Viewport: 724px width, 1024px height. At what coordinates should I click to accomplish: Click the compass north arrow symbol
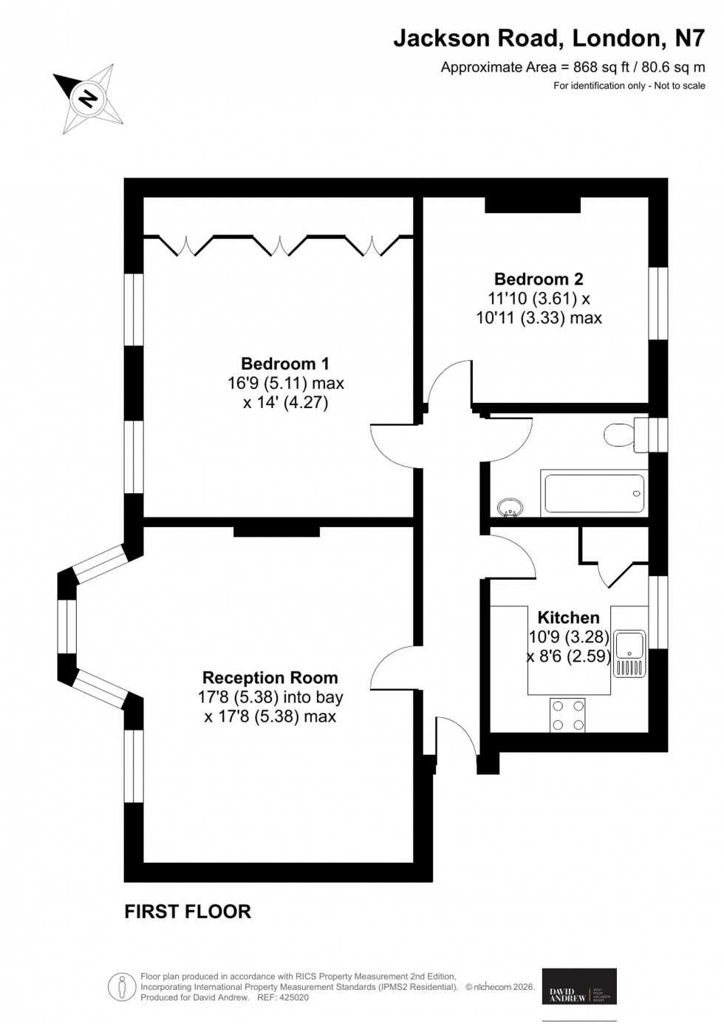(x=87, y=98)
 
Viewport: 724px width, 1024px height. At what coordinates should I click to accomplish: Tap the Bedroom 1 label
(x=285, y=364)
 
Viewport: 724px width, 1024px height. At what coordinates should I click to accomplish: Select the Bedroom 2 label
(x=539, y=279)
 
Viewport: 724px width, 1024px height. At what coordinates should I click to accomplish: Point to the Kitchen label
(x=568, y=617)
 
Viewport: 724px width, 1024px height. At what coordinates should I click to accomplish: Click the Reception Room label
(x=270, y=677)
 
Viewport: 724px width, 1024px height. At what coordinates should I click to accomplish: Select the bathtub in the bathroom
(x=594, y=492)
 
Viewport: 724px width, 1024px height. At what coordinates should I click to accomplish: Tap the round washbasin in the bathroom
(x=510, y=507)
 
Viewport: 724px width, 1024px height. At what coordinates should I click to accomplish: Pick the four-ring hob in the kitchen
(x=567, y=715)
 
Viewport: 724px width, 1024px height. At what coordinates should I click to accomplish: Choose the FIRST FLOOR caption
(x=188, y=912)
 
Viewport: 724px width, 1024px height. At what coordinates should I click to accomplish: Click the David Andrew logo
(x=579, y=986)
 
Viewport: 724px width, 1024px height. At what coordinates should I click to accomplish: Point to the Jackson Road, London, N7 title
(x=549, y=38)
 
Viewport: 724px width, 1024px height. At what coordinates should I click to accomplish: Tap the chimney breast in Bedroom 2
(x=531, y=205)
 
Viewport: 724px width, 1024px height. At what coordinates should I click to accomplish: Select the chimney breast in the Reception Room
(x=276, y=531)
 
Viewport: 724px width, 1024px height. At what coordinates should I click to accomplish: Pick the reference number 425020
(x=294, y=997)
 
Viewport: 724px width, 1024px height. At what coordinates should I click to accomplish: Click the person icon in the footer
(x=121, y=986)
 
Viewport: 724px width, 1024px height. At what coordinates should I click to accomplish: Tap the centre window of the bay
(x=67, y=626)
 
